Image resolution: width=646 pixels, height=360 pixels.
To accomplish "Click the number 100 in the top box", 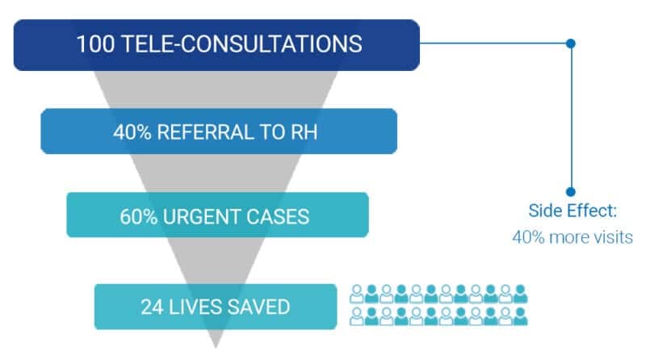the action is click(x=95, y=44).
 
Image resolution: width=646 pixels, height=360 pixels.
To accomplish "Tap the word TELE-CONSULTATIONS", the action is click(x=242, y=44).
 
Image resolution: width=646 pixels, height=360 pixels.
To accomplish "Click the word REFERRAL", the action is click(x=205, y=132).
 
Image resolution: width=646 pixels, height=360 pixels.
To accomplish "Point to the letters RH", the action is click(x=304, y=132).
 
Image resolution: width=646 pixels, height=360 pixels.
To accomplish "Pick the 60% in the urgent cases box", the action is click(x=138, y=216).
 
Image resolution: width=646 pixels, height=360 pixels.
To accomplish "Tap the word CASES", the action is click(x=276, y=216).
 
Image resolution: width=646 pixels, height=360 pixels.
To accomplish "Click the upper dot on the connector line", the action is click(x=571, y=44).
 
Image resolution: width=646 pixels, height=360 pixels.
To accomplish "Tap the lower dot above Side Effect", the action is click(x=571, y=191).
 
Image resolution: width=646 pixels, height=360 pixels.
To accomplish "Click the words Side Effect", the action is click(x=573, y=211).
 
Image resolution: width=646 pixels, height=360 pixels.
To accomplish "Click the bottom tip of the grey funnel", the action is click(x=216, y=347).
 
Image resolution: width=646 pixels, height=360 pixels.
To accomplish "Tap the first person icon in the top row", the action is click(x=357, y=294).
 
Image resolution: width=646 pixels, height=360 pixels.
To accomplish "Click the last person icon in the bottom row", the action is click(x=520, y=316).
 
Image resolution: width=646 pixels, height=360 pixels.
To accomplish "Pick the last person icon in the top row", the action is click(x=520, y=294).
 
